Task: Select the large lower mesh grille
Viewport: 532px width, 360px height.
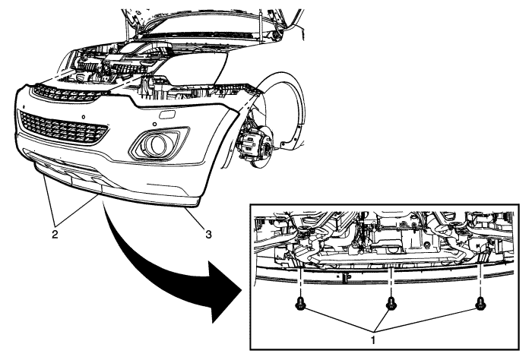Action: [x=63, y=125]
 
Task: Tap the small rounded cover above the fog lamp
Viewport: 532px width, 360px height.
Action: [x=169, y=115]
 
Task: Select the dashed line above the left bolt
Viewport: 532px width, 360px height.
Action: [x=302, y=282]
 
